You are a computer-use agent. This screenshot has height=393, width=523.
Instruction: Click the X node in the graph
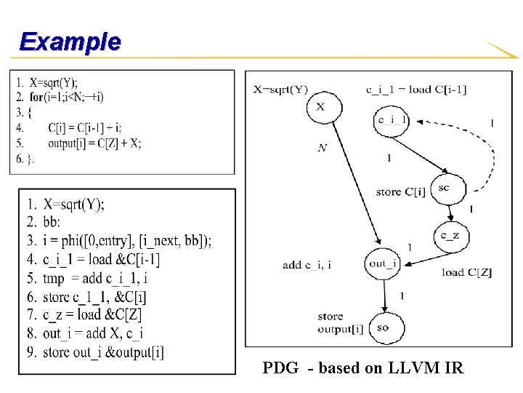pos(320,107)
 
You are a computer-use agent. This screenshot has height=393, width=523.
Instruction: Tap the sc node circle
pos(443,188)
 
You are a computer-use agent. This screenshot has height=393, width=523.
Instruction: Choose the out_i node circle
pos(383,263)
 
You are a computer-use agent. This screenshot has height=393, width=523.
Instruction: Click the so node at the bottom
pos(383,327)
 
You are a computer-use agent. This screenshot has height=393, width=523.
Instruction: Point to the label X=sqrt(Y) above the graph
pos(280,90)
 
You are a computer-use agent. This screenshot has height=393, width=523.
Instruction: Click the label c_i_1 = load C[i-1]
pos(415,90)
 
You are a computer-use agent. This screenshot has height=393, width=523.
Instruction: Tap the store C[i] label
pos(401,191)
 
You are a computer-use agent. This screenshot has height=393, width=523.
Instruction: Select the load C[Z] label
pos(466,273)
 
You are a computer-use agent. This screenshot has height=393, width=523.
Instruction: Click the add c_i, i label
pos(307,265)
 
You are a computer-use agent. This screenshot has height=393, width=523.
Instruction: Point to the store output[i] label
pos(340,322)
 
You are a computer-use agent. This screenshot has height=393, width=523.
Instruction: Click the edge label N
pos(322,148)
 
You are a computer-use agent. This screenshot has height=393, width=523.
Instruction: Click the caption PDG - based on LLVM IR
pos(362,368)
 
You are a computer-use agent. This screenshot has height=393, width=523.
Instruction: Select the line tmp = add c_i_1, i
pos(96,278)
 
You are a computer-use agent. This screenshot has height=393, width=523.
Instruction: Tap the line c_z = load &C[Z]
pos(92,315)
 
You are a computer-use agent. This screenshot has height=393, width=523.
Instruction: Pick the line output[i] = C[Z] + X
pos(94,143)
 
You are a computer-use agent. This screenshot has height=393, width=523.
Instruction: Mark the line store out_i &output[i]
pos(103,353)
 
